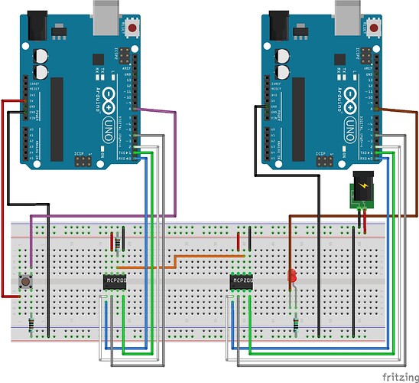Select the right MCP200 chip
242,282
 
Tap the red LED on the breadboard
292,278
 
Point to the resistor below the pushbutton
30,326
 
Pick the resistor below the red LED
295,325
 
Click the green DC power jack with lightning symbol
361,191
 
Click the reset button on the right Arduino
375,29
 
